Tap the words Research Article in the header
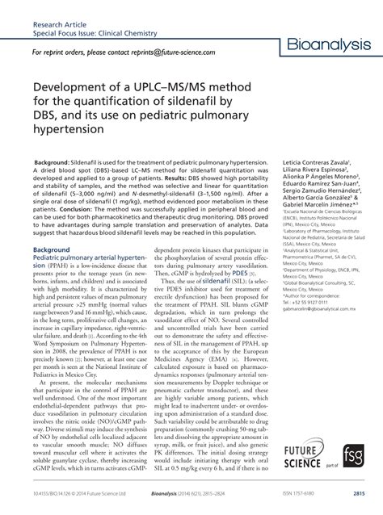pyautogui.click(x=58, y=11)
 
